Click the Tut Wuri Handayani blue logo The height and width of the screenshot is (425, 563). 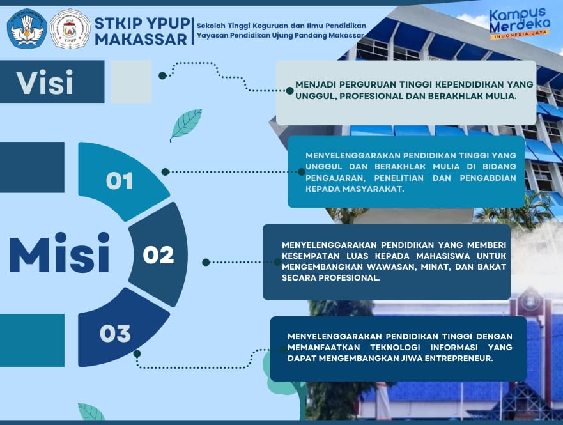(x=27, y=29)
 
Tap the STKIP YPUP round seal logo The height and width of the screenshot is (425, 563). (x=70, y=29)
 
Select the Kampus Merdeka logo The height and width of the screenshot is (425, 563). (x=520, y=24)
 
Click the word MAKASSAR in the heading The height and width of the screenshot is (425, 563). (x=141, y=40)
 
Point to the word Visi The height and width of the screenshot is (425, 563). (x=45, y=82)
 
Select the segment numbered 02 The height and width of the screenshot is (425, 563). (x=158, y=254)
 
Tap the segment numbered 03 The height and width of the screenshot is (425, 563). (x=118, y=330)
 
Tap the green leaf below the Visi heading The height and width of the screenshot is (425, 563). (x=185, y=125)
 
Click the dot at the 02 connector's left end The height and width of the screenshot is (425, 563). (x=206, y=263)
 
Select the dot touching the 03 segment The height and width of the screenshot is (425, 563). (x=137, y=353)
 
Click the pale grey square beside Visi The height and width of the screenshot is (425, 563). (x=131, y=81)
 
